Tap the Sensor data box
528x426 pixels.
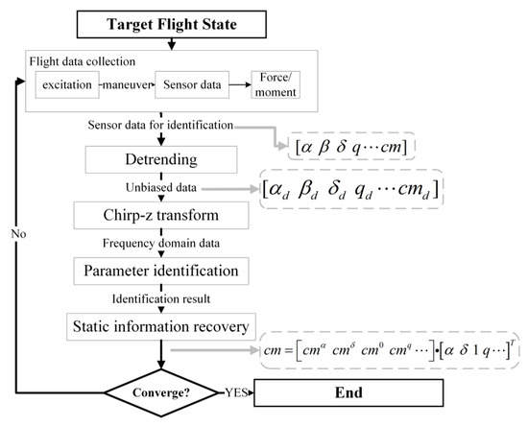pyautogui.click(x=191, y=85)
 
